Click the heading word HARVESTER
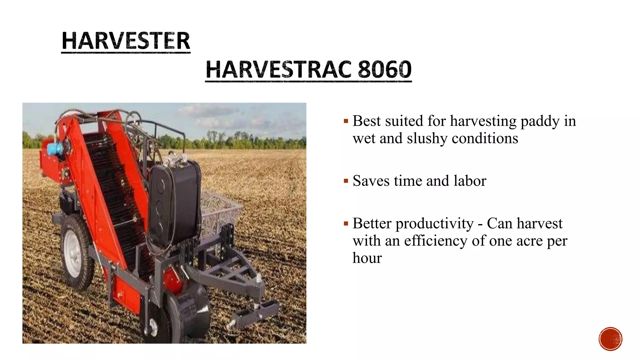[x=126, y=41]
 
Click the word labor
[x=470, y=181]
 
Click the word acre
[x=529, y=241]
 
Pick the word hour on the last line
[x=367, y=258]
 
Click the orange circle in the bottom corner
[x=610, y=339]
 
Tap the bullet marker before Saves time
[x=346, y=181]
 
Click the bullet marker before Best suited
[x=346, y=121]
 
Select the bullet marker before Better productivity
[x=346, y=224]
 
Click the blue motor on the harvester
[x=55, y=148]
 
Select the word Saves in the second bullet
[x=371, y=181]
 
